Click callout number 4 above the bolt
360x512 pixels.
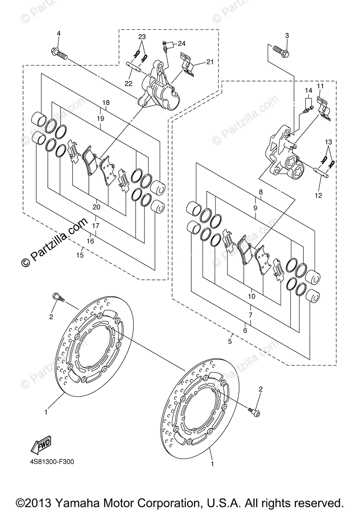coord(59,34)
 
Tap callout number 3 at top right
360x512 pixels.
coord(287,36)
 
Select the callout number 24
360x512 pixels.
coord(181,44)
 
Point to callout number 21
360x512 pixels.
coord(210,62)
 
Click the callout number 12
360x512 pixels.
coord(319,195)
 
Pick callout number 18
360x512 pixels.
coord(106,103)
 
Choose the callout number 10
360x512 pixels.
coord(252,296)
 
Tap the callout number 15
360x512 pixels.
coord(80,255)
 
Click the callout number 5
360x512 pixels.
coord(230,348)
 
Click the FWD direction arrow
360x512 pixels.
coord(41,445)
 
